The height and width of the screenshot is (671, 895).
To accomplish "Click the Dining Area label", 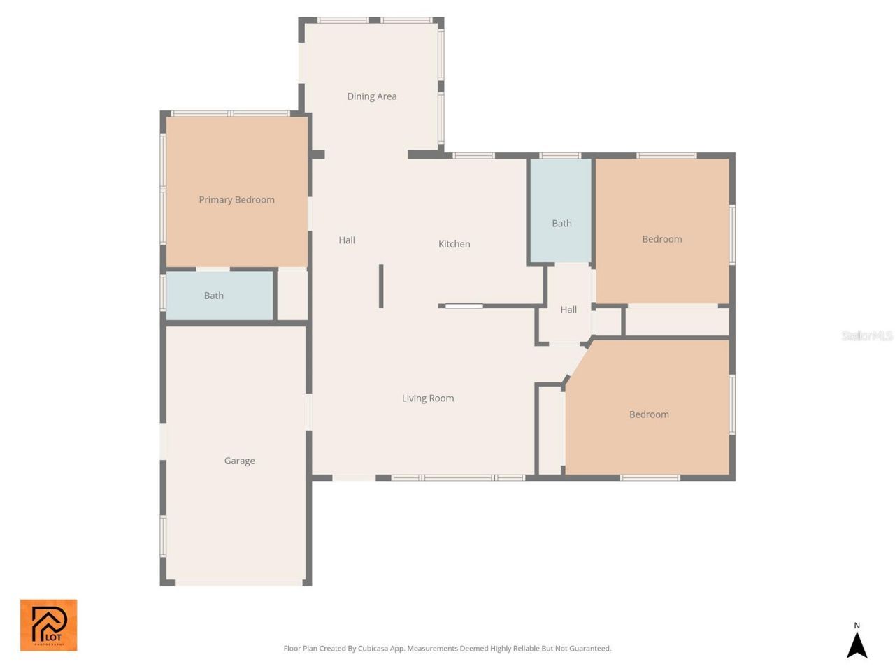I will (x=371, y=96).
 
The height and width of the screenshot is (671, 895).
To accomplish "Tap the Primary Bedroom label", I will (x=236, y=200).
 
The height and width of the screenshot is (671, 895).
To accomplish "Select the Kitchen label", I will (x=454, y=244).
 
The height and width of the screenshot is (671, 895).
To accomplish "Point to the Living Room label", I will (x=427, y=398).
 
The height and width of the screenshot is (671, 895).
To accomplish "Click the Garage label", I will (x=239, y=461).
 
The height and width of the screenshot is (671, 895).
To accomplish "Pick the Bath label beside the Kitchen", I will (x=561, y=224).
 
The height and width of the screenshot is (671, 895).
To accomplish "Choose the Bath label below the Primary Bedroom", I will (x=213, y=296).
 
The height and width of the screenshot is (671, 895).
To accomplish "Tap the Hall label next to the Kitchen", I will (x=347, y=240).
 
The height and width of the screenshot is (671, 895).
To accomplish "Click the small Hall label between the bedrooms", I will (x=568, y=310).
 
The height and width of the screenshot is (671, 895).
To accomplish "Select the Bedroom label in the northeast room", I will (x=661, y=239).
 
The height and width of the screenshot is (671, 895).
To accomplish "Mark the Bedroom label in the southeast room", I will (x=649, y=414).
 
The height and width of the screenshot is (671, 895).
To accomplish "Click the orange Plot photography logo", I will (x=48, y=625).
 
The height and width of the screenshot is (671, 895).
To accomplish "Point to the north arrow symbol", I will (x=857, y=645).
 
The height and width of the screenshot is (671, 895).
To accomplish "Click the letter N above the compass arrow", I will (x=857, y=626).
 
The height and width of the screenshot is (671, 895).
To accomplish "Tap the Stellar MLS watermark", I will (x=866, y=336).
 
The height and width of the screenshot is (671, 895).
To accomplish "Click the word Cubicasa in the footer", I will (x=373, y=649).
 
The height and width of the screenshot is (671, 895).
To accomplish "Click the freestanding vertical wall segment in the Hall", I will (x=381, y=286).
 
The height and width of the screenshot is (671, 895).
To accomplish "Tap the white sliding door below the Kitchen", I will (x=464, y=305).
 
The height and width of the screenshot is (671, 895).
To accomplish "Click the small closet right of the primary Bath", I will (x=292, y=295).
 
